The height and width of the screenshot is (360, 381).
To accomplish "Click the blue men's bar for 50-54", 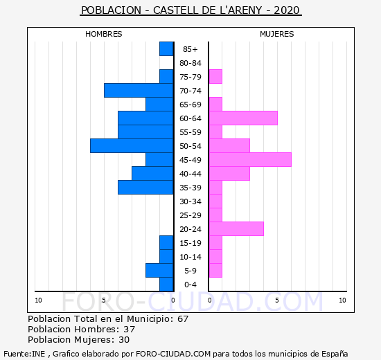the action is [132, 146].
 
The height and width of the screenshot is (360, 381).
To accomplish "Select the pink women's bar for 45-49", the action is [250, 160].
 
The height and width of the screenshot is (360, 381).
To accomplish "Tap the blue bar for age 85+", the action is [166, 49].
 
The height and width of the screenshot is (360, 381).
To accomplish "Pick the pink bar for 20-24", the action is [236, 229].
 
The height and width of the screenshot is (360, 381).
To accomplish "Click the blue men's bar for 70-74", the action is [139, 91].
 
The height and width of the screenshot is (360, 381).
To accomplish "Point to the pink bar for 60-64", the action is [243, 118].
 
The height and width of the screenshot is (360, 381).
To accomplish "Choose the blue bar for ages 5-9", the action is [159, 271].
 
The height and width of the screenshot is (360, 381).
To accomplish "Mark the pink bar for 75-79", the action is [215, 77].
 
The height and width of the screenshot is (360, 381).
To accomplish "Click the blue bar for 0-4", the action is [166, 285].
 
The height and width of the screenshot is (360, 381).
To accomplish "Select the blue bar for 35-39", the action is [145, 188].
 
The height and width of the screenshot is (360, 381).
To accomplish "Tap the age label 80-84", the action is [190, 63].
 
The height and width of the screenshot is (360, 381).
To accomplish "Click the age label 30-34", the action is [190, 201].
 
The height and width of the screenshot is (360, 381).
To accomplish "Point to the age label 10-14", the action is [190, 257].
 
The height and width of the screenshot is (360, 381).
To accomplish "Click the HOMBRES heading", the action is [104, 34].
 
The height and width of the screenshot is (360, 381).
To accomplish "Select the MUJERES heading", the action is [277, 34].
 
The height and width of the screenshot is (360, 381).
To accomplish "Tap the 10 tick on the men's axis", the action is [38, 300].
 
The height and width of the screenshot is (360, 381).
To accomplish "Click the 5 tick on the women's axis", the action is [277, 300].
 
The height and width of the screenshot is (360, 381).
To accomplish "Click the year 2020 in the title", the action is [287, 10].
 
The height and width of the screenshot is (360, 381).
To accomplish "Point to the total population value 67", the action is [183, 319].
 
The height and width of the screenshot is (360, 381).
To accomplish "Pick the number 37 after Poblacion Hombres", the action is [130, 330].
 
